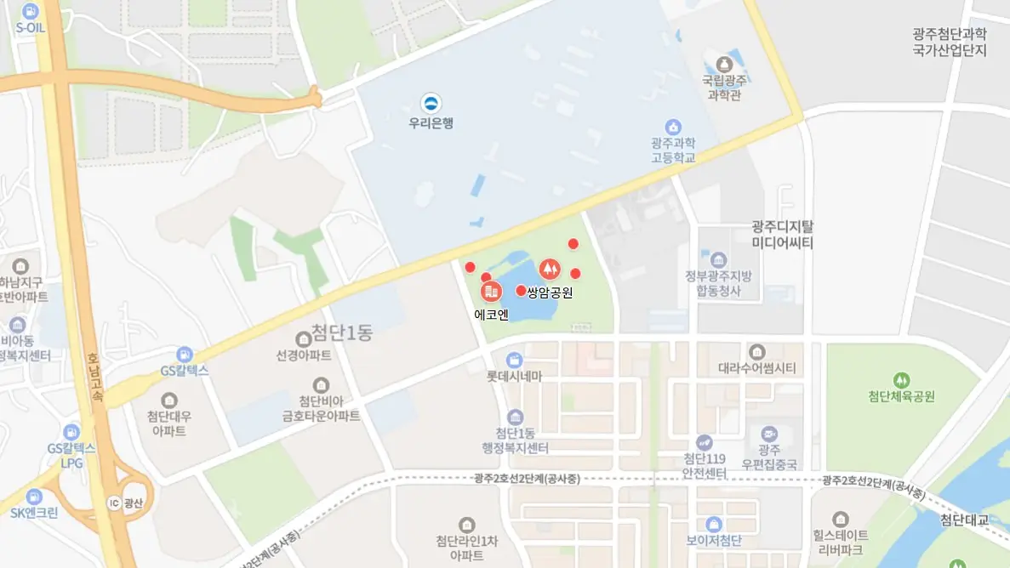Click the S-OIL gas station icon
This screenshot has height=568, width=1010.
31,12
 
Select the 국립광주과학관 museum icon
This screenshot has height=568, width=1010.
724,64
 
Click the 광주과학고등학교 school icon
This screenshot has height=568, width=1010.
673,127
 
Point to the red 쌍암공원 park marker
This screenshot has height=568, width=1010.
550,270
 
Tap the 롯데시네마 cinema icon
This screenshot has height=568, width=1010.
513,361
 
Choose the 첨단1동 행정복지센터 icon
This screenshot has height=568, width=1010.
515,417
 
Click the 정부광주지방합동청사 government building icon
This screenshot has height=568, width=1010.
719,259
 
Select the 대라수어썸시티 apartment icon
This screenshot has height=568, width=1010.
757,352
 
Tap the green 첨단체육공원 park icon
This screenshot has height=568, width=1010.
901,379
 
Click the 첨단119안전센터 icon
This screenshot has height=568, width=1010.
705,442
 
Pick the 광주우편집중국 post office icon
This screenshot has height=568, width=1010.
769,435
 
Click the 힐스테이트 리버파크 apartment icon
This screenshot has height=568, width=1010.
841,519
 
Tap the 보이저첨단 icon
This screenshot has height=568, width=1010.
714,524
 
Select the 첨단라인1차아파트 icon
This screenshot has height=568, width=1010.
465,525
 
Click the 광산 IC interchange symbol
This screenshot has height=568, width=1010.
114,503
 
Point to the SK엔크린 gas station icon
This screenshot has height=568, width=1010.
34,497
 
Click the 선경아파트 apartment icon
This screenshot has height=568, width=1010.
303,340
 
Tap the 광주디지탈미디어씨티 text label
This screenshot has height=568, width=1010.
783,235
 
